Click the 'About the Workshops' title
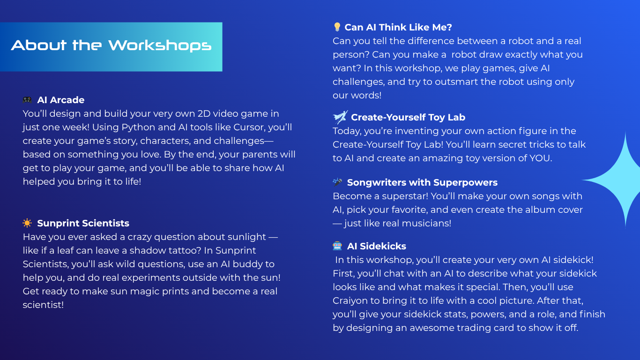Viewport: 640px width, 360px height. (x=111, y=45)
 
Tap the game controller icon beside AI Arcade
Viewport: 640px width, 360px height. (x=27, y=100)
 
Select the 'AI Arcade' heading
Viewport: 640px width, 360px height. (x=60, y=100)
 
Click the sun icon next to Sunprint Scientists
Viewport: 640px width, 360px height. (x=27, y=223)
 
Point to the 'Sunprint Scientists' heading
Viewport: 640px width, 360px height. (x=83, y=223)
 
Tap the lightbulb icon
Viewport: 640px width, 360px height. (x=337, y=27)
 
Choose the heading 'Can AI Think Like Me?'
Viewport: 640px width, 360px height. (x=398, y=27)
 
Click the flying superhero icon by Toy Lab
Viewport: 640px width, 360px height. (x=340, y=117)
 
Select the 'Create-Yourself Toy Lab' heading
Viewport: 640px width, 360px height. (x=408, y=117)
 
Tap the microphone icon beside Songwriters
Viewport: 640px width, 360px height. (x=337, y=182)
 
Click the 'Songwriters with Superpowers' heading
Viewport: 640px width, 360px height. (x=422, y=182)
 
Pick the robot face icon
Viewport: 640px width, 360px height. (x=337, y=246)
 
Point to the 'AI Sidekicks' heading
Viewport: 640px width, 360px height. (x=377, y=246)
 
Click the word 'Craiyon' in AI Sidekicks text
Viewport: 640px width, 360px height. (x=350, y=301)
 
